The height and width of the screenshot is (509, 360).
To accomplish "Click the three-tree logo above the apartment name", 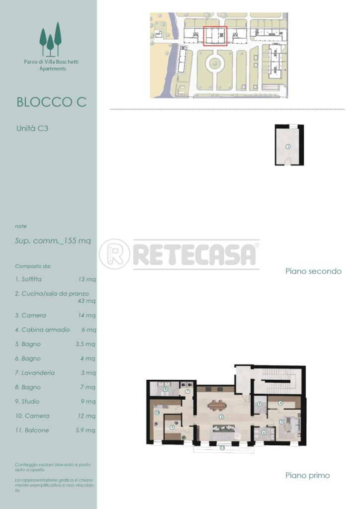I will point(50,39).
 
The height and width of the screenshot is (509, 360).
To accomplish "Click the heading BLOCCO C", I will point(51,102).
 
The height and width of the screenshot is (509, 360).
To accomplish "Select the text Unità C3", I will point(32,128).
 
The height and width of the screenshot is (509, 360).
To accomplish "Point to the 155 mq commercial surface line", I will point(53,241).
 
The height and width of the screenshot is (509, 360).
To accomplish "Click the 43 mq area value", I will point(87,301).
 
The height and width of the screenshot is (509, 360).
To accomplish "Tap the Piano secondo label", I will point(313,271).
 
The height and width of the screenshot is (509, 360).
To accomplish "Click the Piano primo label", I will point(307,475).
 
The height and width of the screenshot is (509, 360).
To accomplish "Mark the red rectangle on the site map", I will point(215,36).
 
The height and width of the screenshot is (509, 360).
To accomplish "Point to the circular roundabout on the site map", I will point(214,63).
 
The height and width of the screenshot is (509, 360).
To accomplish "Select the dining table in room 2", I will point(217,405).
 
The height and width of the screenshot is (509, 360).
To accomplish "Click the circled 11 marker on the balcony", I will point(222,448).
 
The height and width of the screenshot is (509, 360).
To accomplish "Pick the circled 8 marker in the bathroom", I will point(165,390).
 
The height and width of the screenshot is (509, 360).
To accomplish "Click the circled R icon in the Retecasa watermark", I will point(114,254).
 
